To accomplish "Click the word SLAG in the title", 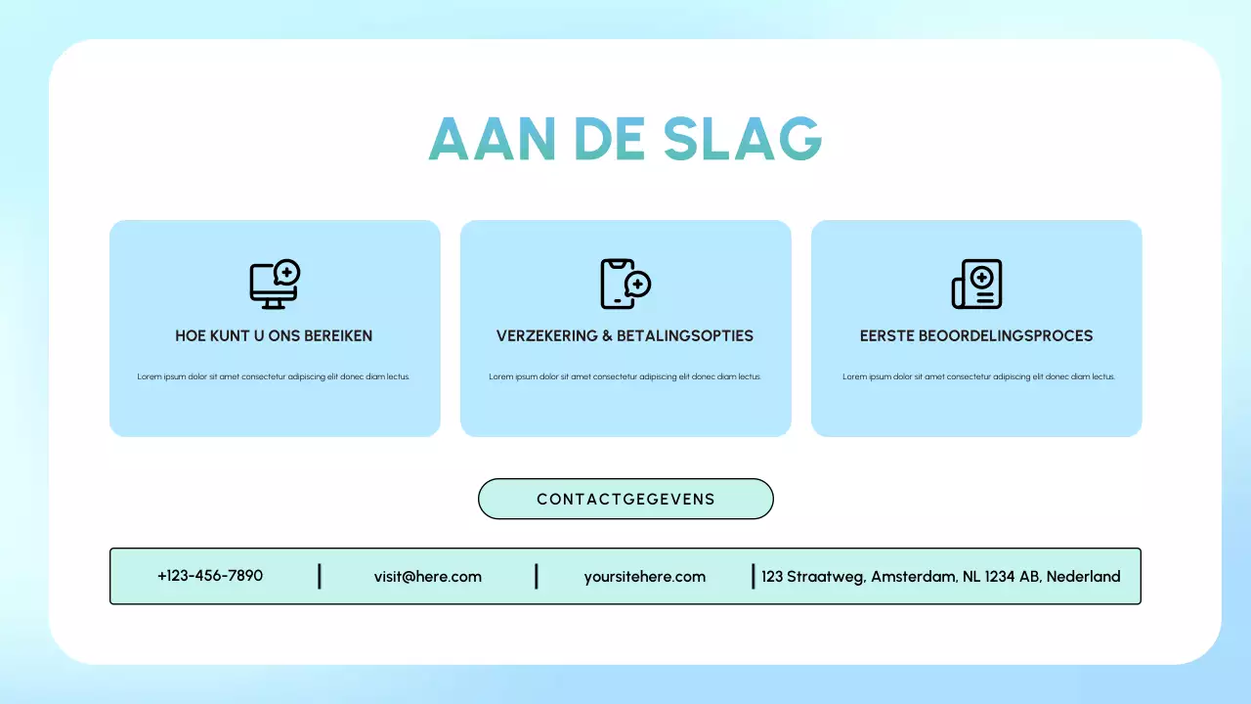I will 743,139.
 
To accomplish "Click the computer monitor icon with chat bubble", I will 275,285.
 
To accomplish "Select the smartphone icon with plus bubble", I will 625,284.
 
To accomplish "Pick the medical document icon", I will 977,285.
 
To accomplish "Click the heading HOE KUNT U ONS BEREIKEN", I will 274,335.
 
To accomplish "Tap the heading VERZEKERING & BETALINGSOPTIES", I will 625,335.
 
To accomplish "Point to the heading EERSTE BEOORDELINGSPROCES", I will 976,335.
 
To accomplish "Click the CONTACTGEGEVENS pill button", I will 625,499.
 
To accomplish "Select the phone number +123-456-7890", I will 210,576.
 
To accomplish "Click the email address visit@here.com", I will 428,577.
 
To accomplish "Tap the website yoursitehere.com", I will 645,577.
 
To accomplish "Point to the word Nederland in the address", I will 1083,577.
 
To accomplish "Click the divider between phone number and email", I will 320,576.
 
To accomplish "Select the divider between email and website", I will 537,576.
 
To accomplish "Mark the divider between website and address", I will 753,576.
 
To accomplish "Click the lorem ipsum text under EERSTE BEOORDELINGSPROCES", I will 978,376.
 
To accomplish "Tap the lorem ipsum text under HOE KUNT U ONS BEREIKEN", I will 274,376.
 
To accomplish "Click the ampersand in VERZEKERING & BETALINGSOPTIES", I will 607,335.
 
